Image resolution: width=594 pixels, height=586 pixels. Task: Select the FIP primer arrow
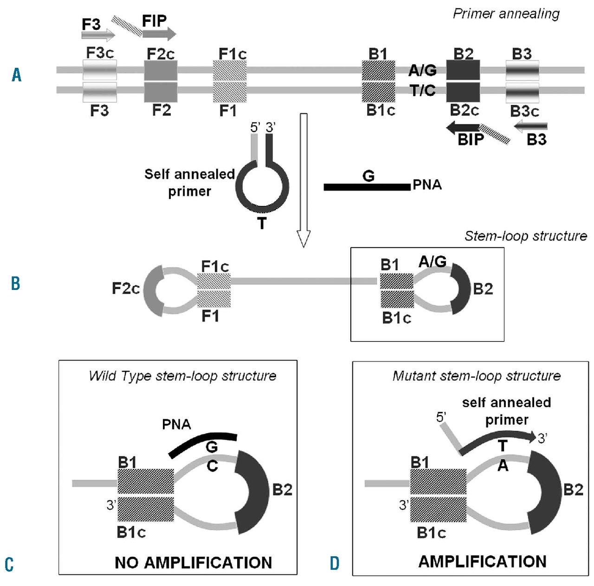159,34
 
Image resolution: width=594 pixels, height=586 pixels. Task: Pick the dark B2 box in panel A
463,70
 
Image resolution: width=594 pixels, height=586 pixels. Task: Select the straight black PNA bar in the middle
367,187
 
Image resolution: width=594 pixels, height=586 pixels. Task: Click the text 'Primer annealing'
506,14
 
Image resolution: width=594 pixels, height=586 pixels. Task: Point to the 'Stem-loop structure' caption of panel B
525,236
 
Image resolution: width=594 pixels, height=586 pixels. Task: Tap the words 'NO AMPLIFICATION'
193,563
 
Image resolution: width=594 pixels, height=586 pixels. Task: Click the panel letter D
335,563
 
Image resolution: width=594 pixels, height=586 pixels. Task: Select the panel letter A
17,74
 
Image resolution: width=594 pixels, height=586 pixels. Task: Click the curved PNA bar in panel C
203,442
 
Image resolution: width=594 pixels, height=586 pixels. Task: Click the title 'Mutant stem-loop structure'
477,375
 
